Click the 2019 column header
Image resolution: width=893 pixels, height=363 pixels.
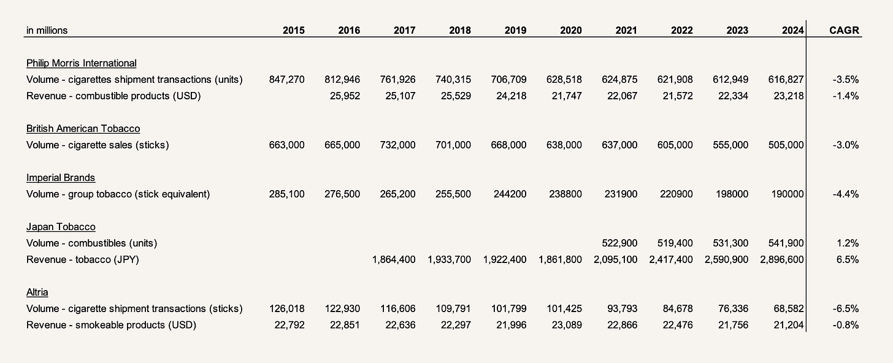tap(515, 30)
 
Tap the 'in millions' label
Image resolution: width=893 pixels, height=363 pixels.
tap(47, 30)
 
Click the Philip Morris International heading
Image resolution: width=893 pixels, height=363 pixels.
tap(82, 63)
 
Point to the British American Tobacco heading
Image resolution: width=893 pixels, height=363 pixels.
tap(83, 129)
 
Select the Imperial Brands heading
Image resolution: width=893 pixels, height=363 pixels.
tap(61, 178)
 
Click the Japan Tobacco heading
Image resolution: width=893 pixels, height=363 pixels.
tap(61, 227)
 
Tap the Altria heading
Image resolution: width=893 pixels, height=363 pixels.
tap(37, 292)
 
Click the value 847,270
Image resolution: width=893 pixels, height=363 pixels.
tap(286, 80)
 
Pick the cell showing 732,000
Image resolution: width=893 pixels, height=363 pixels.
tap(397, 145)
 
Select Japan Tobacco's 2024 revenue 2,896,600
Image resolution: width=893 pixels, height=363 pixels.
tap(782, 259)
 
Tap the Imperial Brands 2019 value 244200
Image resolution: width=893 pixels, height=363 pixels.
tap(509, 194)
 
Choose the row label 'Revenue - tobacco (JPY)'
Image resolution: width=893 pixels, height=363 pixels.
tap(83, 259)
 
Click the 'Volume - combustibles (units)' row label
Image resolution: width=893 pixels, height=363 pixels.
tap(91, 243)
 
